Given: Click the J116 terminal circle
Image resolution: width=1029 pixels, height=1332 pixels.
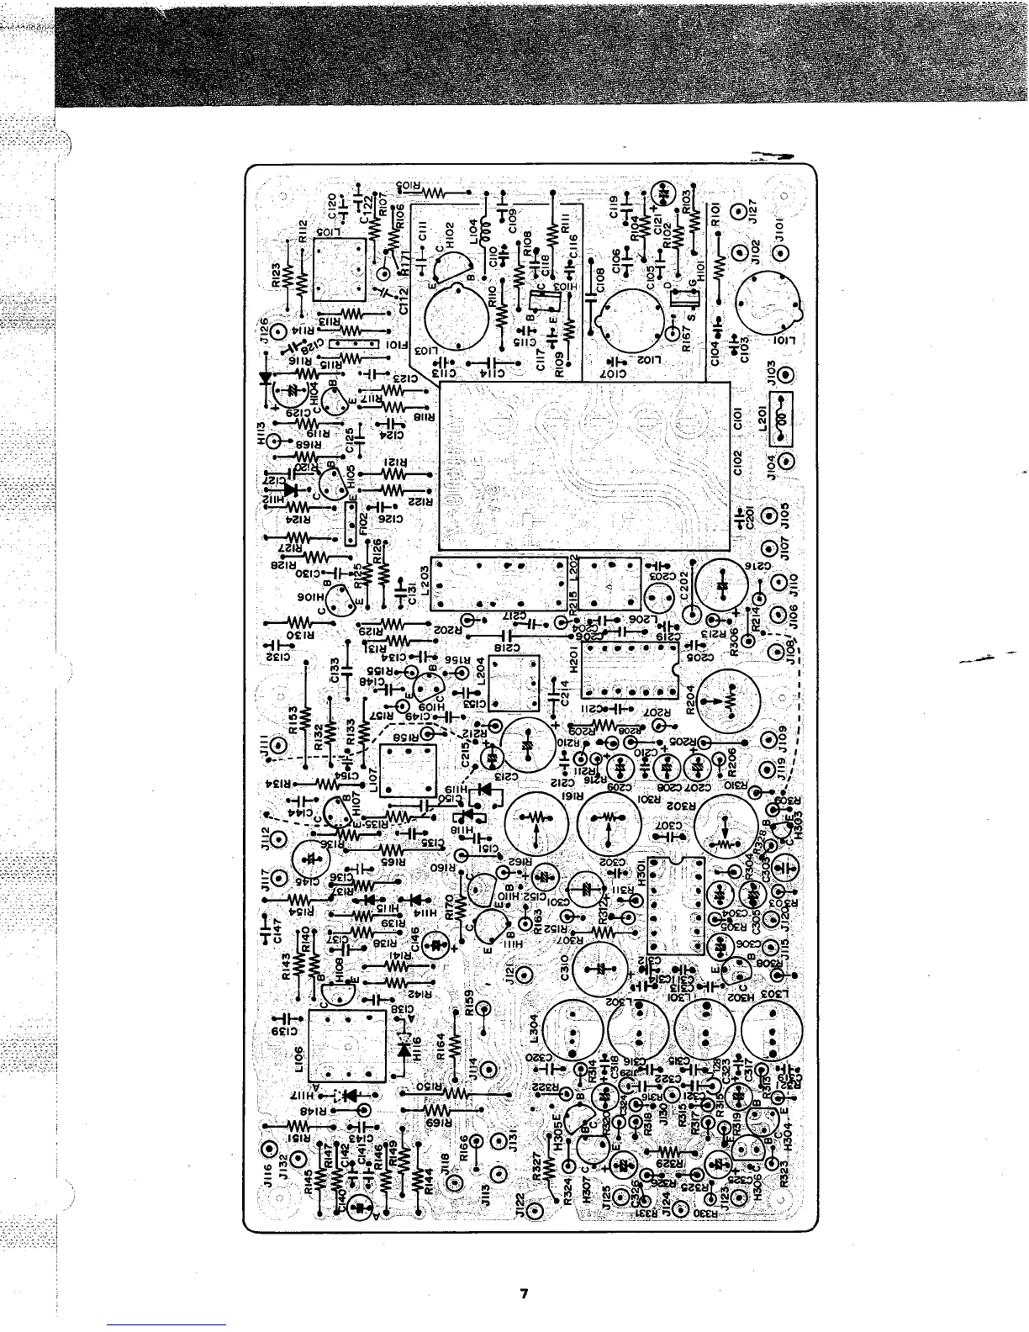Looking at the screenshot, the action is click(x=269, y=1150).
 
